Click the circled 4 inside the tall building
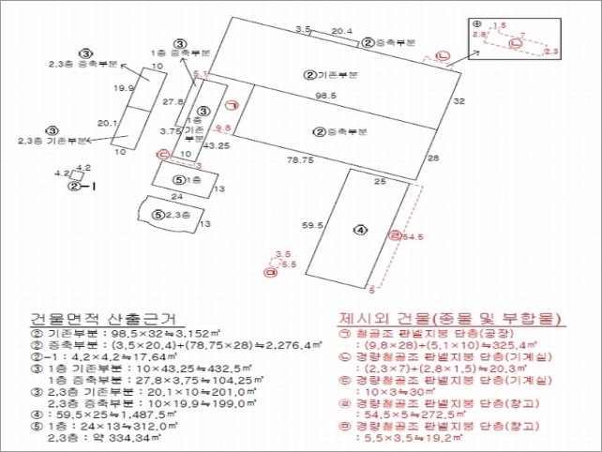point(360,229)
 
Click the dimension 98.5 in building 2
point(325,97)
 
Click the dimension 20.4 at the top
point(342,32)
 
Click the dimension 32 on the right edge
point(459,100)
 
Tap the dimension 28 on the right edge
point(432,159)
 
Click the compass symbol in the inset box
point(476,23)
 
